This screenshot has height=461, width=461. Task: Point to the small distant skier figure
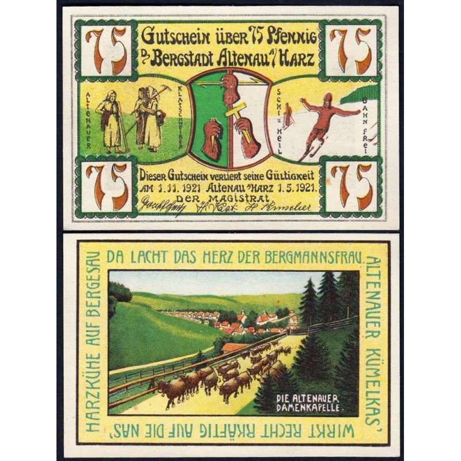point(288,115)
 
